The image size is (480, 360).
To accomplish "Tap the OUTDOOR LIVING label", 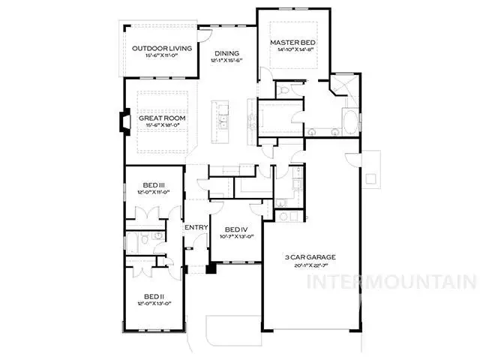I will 162,49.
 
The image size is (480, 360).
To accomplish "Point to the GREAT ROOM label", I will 161,118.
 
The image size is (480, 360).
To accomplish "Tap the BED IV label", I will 235,229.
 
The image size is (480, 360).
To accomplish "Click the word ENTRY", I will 196,227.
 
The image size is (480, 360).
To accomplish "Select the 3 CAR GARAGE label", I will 309,257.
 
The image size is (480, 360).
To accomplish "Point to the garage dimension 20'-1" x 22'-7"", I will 309,265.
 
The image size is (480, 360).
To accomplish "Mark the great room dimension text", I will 161,127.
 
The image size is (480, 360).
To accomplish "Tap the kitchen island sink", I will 222,123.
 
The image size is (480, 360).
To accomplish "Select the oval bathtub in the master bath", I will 350,121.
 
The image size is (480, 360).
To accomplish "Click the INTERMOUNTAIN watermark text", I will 402,283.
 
